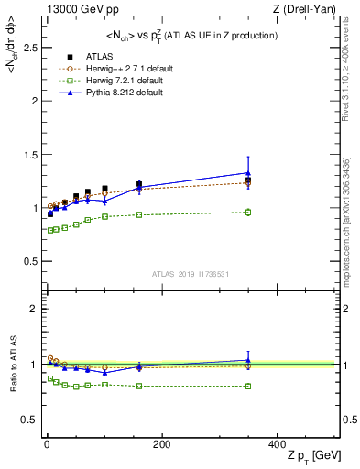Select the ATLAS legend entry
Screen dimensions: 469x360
coord(100,55)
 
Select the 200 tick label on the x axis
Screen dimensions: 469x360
coord(161,443)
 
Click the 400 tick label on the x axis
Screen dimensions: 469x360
coord(276,443)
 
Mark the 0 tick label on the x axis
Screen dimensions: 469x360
coord(47,443)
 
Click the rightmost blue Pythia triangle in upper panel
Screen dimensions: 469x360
coord(247,172)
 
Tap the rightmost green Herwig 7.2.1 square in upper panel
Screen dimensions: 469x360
coord(247,213)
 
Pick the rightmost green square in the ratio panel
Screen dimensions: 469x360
coord(247,386)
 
